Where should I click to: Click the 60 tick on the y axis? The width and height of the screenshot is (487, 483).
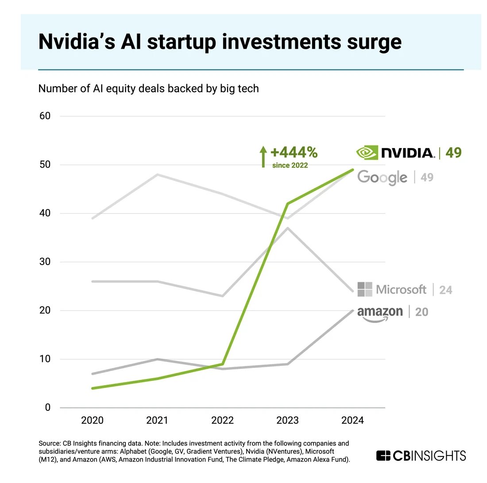point(45,116)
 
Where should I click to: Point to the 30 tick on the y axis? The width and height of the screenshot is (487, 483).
point(45,262)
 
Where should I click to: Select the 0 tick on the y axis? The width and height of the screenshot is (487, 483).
point(48,408)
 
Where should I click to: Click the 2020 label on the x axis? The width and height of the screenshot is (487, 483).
point(92,420)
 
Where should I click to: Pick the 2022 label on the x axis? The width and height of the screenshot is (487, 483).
point(222,420)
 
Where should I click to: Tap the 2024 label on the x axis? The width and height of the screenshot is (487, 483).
point(352,420)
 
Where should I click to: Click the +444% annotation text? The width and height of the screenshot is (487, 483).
point(294,153)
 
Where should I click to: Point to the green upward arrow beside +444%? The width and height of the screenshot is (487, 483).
point(263,157)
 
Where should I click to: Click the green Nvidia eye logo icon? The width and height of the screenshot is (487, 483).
point(367,153)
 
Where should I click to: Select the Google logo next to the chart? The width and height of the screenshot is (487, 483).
point(382,177)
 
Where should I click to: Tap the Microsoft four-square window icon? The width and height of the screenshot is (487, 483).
point(364,289)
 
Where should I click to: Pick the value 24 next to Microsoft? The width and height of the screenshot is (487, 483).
point(445,290)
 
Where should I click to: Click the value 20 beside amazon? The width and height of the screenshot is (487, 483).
point(421,312)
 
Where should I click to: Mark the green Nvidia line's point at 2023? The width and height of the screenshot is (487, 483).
point(288,204)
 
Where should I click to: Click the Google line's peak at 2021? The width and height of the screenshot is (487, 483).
point(157,175)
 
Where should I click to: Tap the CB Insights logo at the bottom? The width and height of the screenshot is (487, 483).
point(421,456)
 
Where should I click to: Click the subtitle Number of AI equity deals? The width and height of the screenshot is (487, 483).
point(148,88)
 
